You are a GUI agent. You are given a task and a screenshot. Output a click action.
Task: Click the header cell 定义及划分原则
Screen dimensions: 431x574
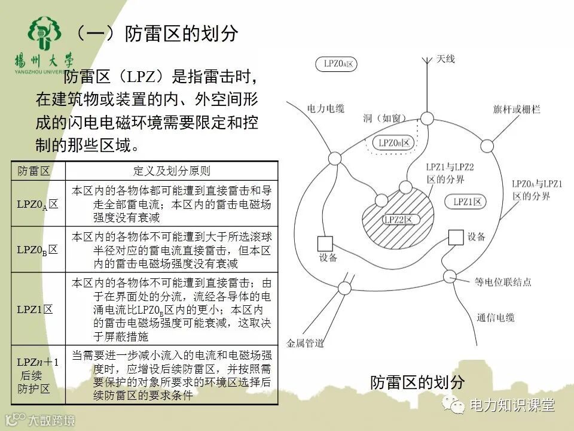(x=172, y=171)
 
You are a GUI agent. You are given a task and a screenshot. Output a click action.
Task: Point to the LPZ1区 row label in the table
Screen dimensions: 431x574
(x=35, y=309)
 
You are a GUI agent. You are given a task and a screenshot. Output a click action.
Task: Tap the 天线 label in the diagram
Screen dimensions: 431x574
(x=445, y=59)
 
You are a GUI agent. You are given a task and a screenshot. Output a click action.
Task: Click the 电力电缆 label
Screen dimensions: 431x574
(x=326, y=108)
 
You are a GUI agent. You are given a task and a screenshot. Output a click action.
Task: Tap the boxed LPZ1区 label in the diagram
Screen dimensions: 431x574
(x=467, y=202)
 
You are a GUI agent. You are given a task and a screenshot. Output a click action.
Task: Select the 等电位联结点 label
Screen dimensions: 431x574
(x=503, y=281)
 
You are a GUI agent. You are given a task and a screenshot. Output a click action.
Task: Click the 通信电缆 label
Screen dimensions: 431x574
(x=496, y=318)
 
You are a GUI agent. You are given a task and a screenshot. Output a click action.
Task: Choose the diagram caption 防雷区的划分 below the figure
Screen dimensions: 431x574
(x=417, y=381)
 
